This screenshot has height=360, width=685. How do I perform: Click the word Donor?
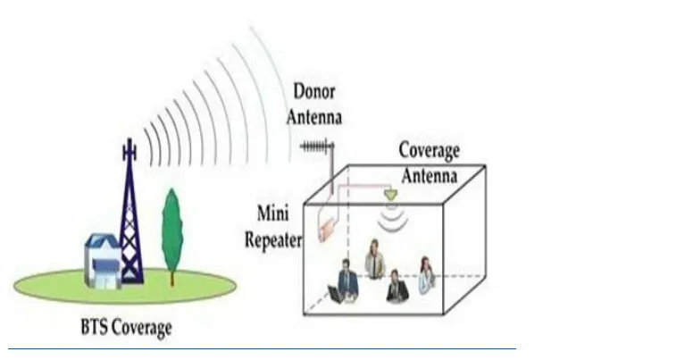(314, 92)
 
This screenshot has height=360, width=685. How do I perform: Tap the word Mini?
(273, 213)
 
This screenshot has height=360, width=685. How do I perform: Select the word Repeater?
(273, 240)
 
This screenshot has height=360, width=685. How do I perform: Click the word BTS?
(96, 327)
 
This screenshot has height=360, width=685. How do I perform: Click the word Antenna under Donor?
(314, 117)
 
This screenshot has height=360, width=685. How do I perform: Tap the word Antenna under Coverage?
(430, 176)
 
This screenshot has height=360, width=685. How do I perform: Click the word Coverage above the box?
(429, 151)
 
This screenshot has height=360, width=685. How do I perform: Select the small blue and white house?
(103, 261)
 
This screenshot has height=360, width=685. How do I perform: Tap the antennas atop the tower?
(129, 149)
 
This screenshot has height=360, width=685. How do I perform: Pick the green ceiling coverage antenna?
(390, 195)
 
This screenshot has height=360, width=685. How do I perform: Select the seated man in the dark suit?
(397, 286)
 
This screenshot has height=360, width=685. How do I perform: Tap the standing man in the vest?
(375, 259)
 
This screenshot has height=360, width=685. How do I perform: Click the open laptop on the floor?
(336, 294)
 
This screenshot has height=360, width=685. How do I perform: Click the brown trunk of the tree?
(172, 278)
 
